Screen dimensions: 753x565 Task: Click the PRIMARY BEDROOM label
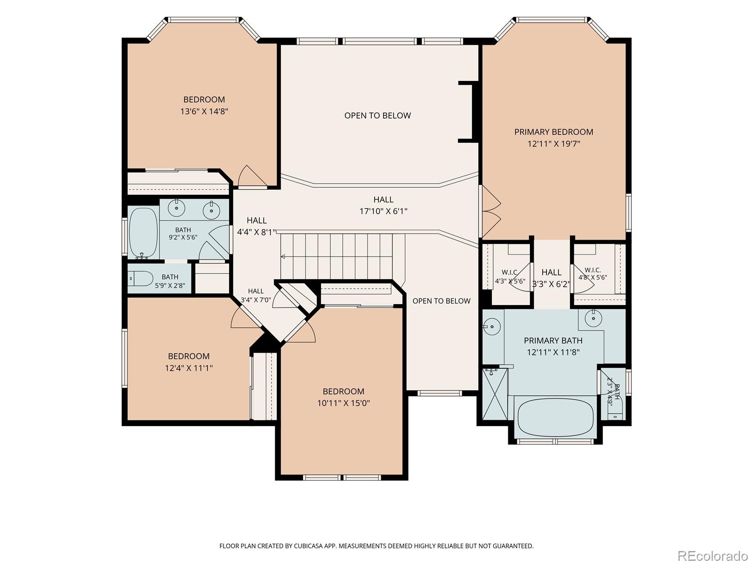553,132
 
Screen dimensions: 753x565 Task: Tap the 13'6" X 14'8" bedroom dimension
204,112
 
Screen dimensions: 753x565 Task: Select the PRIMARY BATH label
553,340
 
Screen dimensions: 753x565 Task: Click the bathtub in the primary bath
555,417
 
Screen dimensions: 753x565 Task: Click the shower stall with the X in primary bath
495,394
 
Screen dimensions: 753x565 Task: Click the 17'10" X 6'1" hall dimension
383,211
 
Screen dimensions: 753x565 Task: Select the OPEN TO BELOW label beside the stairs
441,301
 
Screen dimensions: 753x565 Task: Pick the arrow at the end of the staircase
283,256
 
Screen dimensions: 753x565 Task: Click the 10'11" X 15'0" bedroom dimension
344,403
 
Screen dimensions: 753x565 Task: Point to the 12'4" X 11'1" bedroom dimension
189,368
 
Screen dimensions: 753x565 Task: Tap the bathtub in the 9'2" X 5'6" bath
144,233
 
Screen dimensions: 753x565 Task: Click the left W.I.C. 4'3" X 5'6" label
510,277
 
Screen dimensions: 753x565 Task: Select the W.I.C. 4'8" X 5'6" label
593,274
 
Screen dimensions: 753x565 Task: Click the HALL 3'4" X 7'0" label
256,295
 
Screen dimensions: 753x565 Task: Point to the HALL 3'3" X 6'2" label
551,278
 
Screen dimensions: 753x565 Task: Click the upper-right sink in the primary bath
593,319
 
